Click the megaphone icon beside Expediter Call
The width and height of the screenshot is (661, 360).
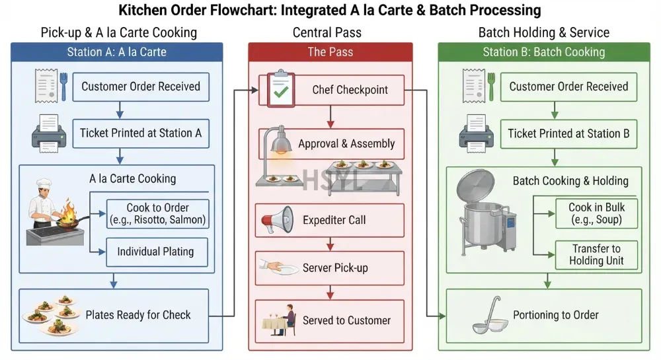click(x=277, y=220)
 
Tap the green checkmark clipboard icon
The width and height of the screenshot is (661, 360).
click(x=280, y=88)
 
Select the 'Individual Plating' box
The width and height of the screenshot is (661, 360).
click(x=157, y=252)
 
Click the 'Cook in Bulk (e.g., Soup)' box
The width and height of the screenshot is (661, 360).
click(x=596, y=213)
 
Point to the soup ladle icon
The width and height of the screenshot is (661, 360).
click(x=490, y=316)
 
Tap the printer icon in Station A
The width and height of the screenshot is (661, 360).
click(x=49, y=133)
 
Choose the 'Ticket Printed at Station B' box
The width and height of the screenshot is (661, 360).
click(x=568, y=134)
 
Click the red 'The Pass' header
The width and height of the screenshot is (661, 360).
click(x=330, y=52)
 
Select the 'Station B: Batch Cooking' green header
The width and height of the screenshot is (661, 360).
click(x=544, y=52)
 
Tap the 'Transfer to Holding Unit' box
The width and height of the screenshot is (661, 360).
click(x=596, y=255)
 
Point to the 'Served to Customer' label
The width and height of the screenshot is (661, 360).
click(x=346, y=320)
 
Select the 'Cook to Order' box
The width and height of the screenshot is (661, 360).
click(x=158, y=214)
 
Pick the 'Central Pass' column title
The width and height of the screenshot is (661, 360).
click(x=327, y=32)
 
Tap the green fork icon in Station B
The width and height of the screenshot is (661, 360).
click(x=491, y=87)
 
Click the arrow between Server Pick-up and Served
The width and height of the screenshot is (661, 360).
click(x=330, y=292)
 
